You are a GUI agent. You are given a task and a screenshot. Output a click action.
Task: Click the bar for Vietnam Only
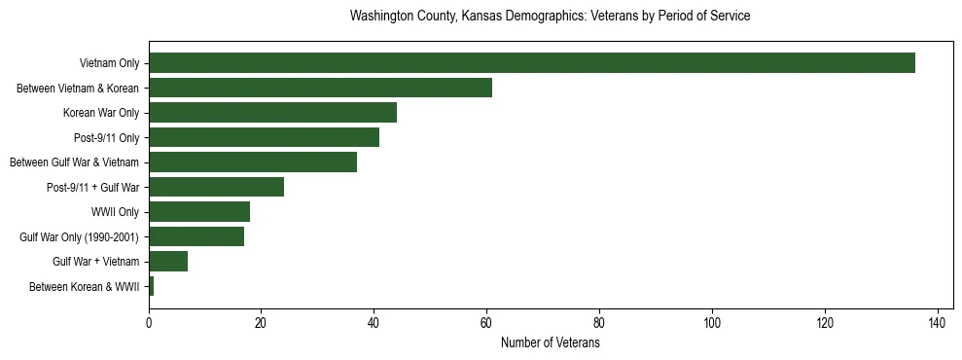coord(531,63)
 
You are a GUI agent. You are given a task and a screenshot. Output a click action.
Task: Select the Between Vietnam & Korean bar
coord(320,88)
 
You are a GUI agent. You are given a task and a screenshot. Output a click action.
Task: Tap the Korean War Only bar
coord(272,113)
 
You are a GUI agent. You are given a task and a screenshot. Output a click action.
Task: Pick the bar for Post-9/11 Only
coord(264,137)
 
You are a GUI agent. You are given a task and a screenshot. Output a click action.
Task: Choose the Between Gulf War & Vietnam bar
coord(253,162)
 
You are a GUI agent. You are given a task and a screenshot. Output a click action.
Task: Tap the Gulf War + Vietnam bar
coord(168,262)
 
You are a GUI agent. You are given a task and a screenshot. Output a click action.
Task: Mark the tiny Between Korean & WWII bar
coord(151,286)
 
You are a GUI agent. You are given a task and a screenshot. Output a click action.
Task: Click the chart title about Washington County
coord(550,17)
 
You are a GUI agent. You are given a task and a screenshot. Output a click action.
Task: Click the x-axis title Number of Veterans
coord(550,343)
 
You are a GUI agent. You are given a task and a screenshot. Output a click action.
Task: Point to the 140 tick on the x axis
coord(938,322)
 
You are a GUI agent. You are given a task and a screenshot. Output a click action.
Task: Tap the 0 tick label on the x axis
coord(149,322)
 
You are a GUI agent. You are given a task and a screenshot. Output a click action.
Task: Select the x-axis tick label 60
coord(486,322)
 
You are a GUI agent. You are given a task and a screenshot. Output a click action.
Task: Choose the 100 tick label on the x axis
coord(712,322)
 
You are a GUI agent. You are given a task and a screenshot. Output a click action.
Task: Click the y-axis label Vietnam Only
coord(109,64)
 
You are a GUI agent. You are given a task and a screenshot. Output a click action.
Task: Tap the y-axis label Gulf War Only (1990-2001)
coord(79,237)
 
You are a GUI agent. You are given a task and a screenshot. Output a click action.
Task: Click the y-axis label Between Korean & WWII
coord(85,287)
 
